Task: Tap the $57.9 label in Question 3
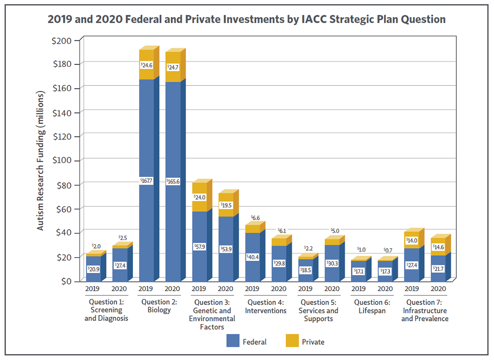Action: coord(199,247)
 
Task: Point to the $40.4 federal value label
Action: coord(252,257)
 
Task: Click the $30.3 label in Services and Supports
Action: coord(332,263)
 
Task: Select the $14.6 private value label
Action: coord(438,247)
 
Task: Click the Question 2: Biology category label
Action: coord(160,306)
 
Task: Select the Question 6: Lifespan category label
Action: coord(372,306)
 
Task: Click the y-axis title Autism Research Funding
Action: coord(41,160)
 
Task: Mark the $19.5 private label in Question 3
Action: coord(226,204)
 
